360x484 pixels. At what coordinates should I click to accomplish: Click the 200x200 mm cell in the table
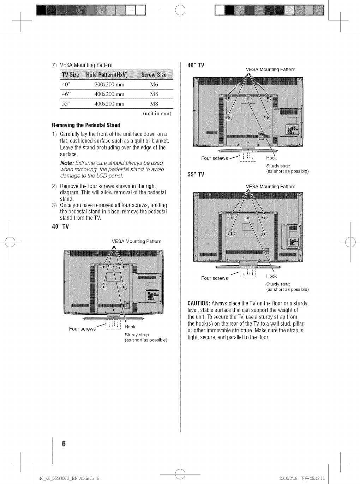[x=109, y=85]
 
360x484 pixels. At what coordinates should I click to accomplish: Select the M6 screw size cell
[x=154, y=85]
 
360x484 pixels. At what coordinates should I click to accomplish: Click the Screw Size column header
[x=154, y=75]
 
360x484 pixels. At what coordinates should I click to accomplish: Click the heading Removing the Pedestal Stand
[x=86, y=125]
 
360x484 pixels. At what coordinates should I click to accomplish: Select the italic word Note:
[x=67, y=163]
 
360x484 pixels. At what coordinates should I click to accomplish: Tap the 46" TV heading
[x=195, y=65]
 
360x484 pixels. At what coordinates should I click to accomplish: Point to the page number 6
[x=64, y=443]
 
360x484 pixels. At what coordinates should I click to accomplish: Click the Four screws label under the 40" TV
[x=82, y=329]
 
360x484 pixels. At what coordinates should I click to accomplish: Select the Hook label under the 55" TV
[x=271, y=276]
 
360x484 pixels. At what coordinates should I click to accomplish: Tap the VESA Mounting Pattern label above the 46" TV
[x=270, y=69]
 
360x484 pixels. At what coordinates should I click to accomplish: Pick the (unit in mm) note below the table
[x=157, y=114]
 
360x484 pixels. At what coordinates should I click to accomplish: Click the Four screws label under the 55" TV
[x=215, y=278]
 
